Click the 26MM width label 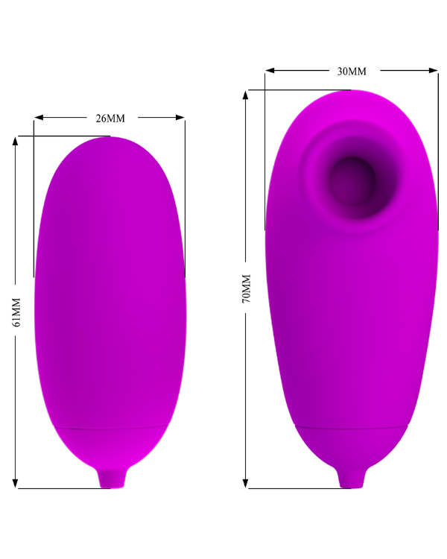(x=110, y=119)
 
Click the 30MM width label (x=352, y=72)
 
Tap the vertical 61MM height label (x=16, y=312)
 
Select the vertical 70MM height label (x=247, y=288)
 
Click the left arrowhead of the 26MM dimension (x=39, y=117)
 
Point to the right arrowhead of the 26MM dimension (x=180, y=117)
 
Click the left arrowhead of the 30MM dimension (x=270, y=70)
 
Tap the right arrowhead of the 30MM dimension (x=433, y=70)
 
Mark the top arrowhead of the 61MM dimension (x=15, y=141)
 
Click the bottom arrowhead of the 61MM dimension (x=15, y=484)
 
